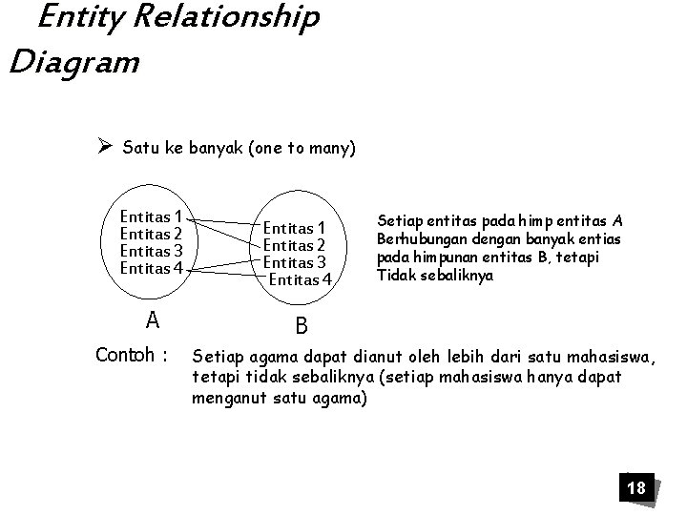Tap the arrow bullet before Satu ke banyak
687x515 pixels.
105,148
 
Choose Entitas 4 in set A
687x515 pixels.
153,268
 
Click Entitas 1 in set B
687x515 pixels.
295,227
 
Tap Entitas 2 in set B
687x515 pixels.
295,245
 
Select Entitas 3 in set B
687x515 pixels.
295,262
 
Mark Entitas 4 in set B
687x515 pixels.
301,279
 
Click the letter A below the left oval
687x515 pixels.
153,317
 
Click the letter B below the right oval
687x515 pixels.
302,326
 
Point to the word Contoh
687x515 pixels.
127,356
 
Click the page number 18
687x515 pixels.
635,489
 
